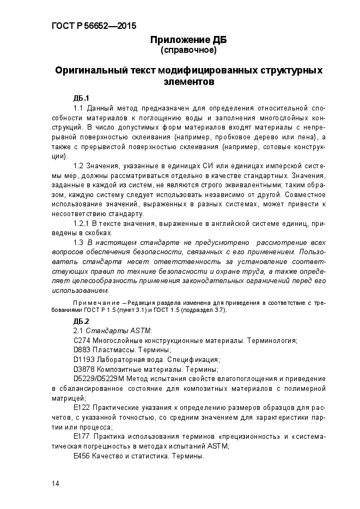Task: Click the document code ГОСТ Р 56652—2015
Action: coord(86,26)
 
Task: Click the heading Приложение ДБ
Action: coord(188,40)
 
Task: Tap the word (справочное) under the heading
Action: coord(188,51)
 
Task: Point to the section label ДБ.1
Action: coord(81,98)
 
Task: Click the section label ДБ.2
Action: coord(81,321)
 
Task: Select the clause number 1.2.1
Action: coord(82,224)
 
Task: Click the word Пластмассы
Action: coord(112,350)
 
